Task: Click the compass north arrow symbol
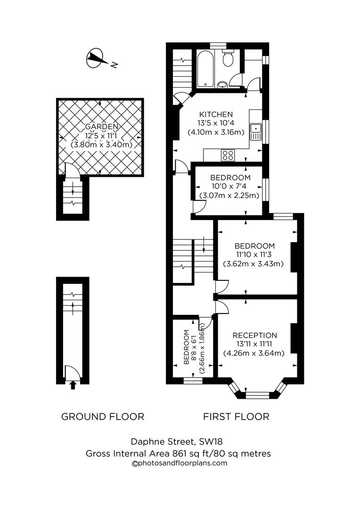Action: coord(96,58)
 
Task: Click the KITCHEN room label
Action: coord(216,115)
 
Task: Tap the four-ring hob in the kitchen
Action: coord(229,155)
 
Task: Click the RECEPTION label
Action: coord(255,335)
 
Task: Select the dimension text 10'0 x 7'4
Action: coord(230,187)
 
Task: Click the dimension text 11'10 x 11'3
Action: coord(254,255)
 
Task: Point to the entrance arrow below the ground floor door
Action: coord(72,386)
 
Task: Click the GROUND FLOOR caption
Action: coord(103,417)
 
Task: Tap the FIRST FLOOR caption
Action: coord(236,417)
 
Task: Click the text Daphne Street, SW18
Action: coord(176,442)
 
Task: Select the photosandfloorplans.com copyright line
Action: coord(179,463)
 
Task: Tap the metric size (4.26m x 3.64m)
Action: coord(255,353)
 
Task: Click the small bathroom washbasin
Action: coord(222,85)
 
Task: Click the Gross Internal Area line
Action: coord(178,453)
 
